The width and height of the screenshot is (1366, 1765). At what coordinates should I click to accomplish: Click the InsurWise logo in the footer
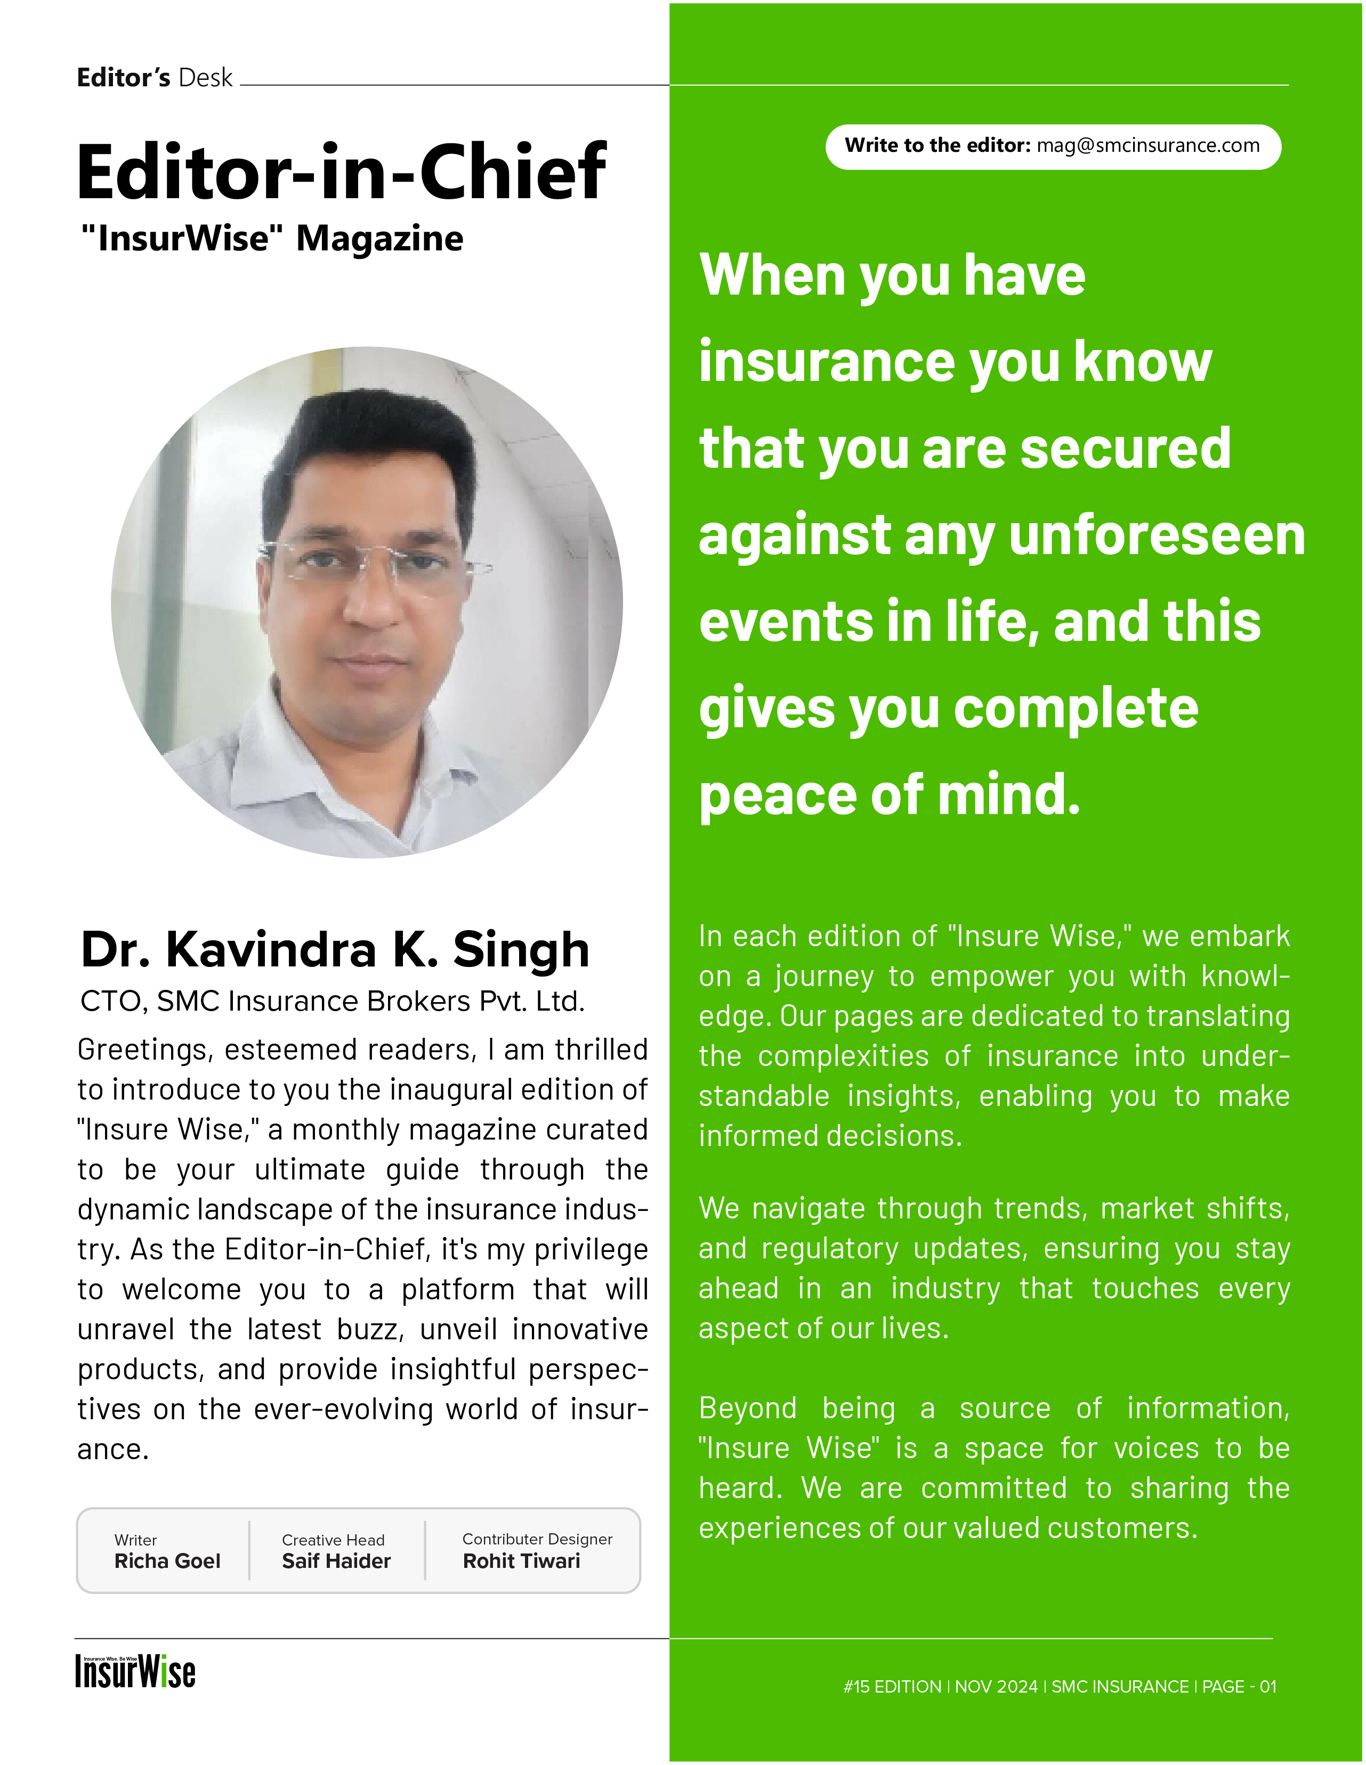(135, 1671)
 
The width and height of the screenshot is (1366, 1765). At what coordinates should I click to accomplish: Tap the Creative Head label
(333, 1540)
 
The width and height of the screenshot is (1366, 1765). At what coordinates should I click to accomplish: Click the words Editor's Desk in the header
(155, 78)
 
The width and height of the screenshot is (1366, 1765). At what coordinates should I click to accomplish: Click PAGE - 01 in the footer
(1239, 1687)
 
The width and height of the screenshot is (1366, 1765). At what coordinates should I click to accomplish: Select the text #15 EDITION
(892, 1687)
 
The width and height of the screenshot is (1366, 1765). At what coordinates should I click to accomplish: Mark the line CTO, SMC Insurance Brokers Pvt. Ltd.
(332, 1001)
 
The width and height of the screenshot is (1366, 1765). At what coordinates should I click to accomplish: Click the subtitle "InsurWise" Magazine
(272, 238)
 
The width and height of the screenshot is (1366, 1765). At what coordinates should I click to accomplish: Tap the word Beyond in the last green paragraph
(748, 1408)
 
